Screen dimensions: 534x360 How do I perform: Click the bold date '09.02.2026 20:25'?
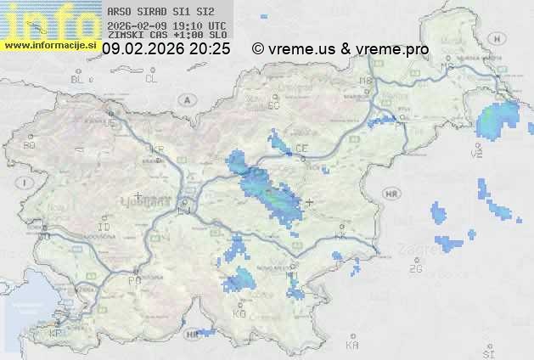(166, 49)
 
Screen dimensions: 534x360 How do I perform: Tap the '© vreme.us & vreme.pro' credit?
(340, 49)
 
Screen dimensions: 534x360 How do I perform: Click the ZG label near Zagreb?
(415, 269)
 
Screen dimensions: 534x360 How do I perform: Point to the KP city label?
(55, 334)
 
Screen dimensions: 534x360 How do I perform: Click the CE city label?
(301, 149)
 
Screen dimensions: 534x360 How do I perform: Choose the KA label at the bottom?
(352, 346)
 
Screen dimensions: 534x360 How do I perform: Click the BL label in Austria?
(78, 79)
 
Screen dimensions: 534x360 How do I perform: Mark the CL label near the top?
(151, 79)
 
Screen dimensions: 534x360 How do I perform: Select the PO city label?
(133, 279)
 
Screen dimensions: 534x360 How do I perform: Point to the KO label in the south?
(239, 313)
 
